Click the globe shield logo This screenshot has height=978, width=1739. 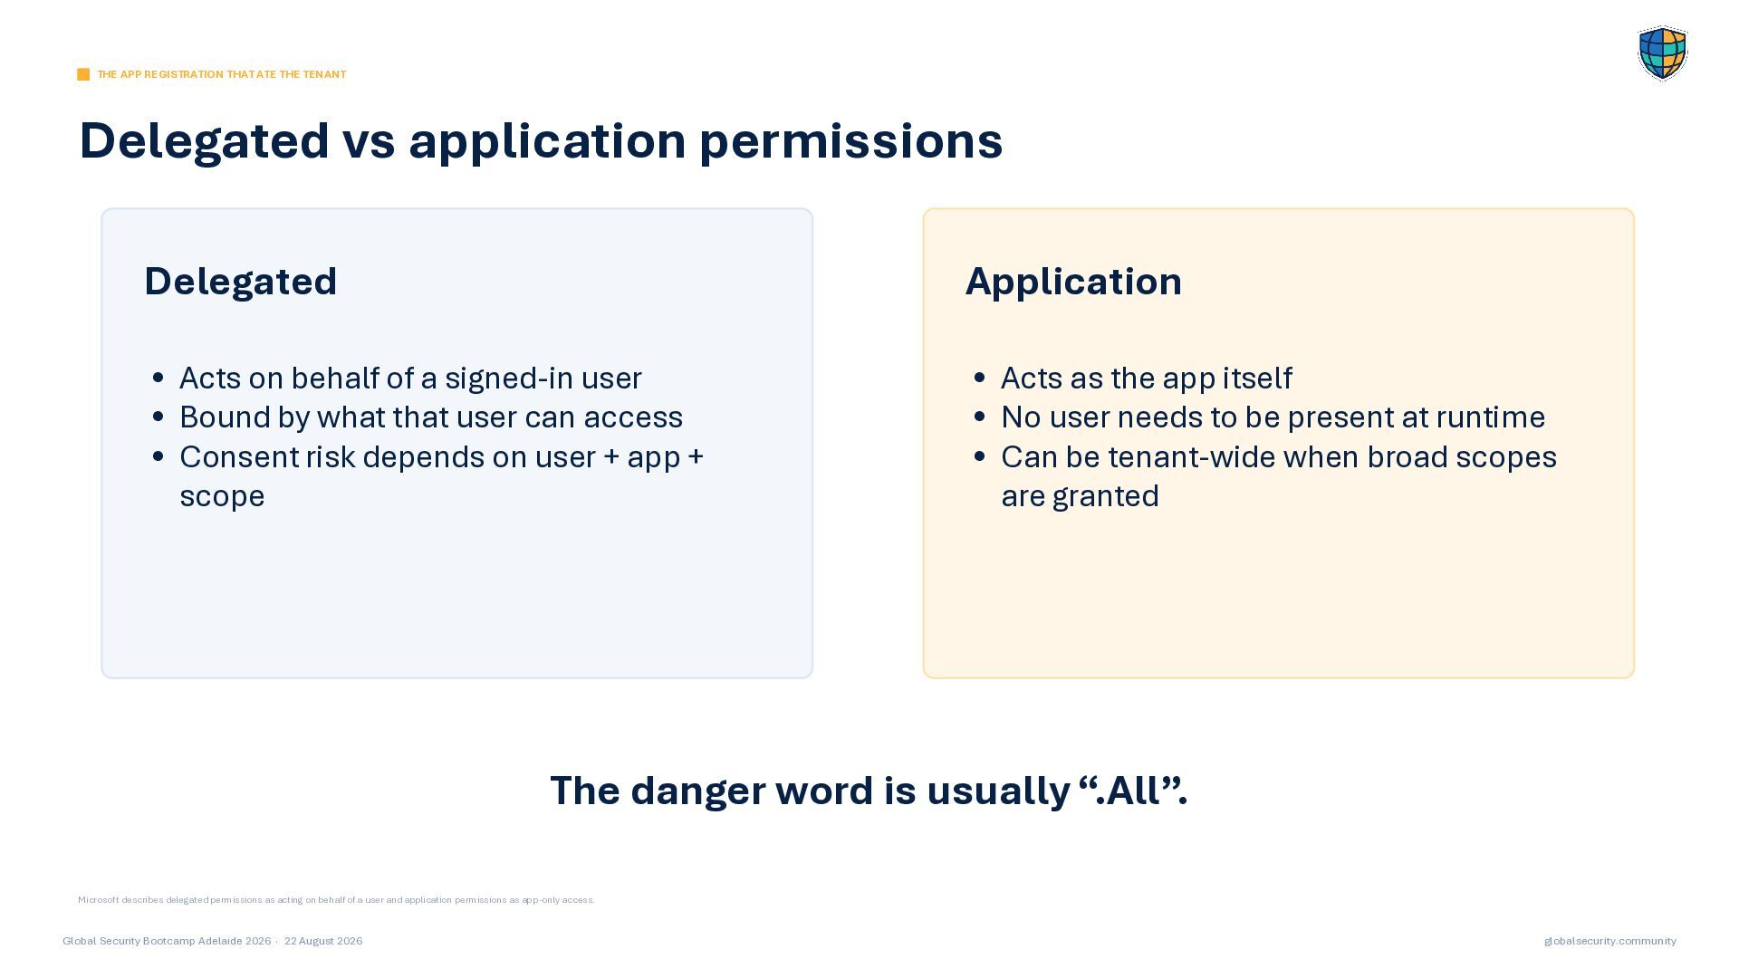point(1662,53)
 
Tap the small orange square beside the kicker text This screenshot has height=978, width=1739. point(83,74)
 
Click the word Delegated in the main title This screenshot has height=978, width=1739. point(205,141)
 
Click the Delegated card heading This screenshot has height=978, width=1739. point(241,281)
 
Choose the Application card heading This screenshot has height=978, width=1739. point(1073,282)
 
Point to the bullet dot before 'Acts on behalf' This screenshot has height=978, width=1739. point(159,378)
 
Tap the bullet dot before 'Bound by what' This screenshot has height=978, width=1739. point(159,417)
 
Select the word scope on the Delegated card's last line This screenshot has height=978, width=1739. point(222,497)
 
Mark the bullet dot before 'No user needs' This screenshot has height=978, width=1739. point(980,417)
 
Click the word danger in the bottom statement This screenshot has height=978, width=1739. point(698,791)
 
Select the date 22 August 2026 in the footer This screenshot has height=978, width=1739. point(323,941)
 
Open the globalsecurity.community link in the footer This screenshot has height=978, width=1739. point(1610,941)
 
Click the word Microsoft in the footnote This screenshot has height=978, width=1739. point(98,900)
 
